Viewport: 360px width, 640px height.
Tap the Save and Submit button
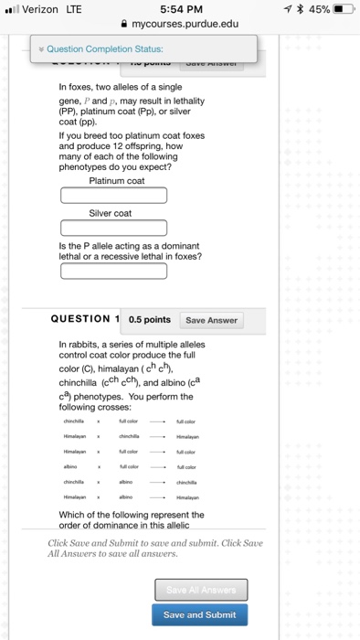pos(199,614)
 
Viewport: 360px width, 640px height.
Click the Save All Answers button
pos(199,590)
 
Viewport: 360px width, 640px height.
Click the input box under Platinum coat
pos(114,196)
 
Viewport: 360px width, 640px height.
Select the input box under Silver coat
pos(114,228)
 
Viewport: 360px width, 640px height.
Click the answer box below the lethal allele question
pos(114,271)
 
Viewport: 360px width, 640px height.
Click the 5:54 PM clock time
pos(180,8)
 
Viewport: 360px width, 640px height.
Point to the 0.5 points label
pos(150,320)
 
